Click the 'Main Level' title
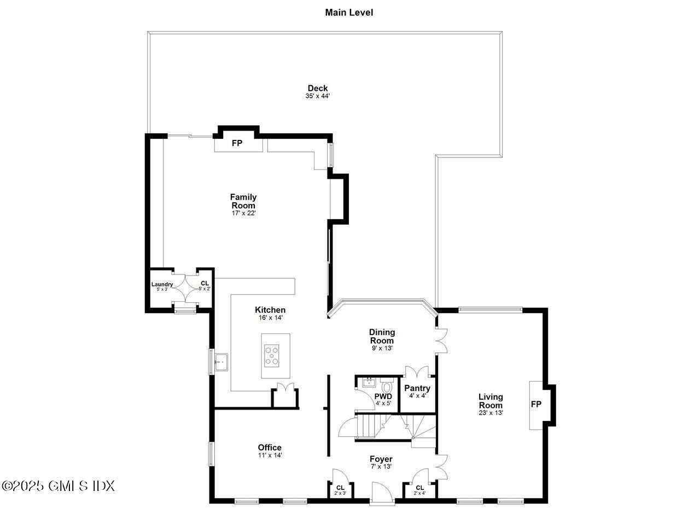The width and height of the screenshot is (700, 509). (349, 12)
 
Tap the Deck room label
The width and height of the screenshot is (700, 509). (317, 88)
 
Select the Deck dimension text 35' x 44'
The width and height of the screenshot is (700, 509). (317, 96)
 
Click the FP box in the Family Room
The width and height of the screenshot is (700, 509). (237, 143)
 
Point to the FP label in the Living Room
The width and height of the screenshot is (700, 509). (536, 405)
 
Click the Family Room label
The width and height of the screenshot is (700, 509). (243, 201)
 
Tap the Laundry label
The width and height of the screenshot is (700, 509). (162, 284)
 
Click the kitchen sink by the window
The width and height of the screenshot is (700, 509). (221, 362)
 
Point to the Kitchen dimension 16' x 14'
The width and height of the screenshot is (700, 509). (270, 318)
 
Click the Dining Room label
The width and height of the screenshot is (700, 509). (382, 336)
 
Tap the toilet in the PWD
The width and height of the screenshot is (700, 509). (387, 385)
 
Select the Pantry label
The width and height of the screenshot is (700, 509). (417, 388)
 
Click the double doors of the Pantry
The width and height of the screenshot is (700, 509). (418, 372)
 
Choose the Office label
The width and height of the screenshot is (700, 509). (270, 447)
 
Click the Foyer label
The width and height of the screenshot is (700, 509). (381, 459)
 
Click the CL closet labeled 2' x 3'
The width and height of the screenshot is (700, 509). (340, 489)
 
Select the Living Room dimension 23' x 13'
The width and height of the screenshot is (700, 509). (491, 413)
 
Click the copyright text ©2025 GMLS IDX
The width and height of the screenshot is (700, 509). (58, 485)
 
